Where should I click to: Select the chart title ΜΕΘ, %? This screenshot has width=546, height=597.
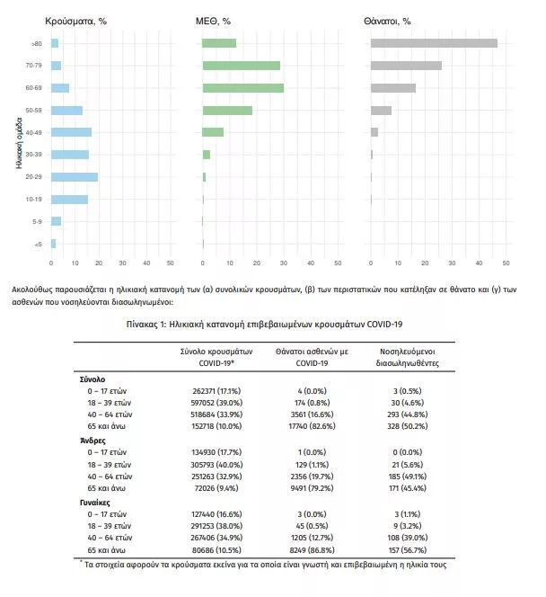(213, 19)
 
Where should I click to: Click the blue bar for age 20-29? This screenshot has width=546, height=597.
(75, 177)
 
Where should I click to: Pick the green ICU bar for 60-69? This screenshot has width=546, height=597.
(243, 87)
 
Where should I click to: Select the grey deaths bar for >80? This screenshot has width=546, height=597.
(434, 43)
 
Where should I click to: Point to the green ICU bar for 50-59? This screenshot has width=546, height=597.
(227, 110)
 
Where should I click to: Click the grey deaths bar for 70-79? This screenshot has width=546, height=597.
(406, 66)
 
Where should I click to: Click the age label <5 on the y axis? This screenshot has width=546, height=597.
(37, 244)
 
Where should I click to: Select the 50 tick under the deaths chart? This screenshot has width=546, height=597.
(506, 263)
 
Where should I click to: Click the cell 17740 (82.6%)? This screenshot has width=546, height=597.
(312, 426)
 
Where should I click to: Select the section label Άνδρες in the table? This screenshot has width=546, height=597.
(92, 441)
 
